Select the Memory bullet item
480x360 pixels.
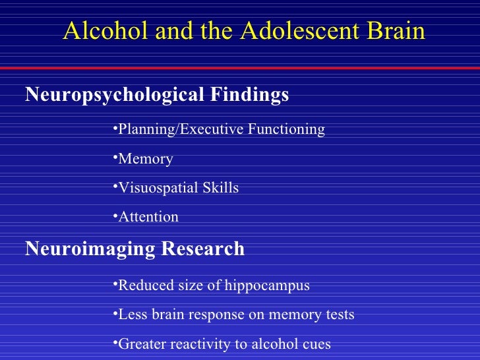click(x=146, y=159)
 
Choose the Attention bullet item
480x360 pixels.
click(x=148, y=217)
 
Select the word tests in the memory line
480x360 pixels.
click(x=338, y=315)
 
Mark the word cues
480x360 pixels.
click(x=316, y=344)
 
